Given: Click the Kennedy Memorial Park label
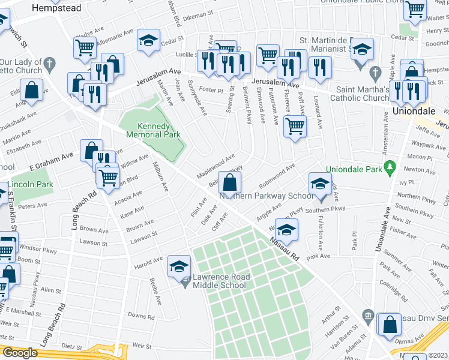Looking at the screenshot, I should pyautogui.click(x=151, y=131).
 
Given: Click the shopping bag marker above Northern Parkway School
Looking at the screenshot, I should pyautogui.click(x=230, y=182).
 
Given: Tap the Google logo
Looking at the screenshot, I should pyautogui.click(x=20, y=353).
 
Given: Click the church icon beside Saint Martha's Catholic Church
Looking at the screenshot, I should pyautogui.click(x=376, y=74).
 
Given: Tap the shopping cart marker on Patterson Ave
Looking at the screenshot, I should pyautogui.click(x=295, y=127).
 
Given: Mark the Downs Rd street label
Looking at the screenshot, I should pyautogui.click(x=141, y=316).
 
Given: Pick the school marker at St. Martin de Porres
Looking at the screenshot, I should pyautogui.click(x=362, y=50).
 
